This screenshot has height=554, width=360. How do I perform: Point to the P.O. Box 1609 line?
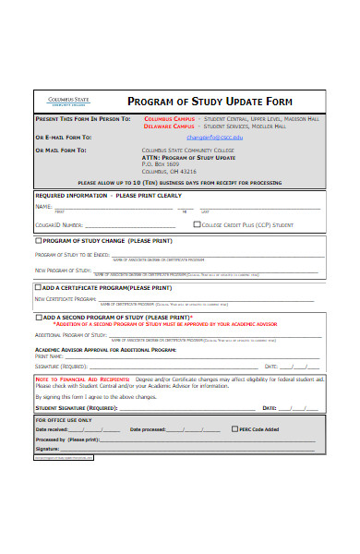160,163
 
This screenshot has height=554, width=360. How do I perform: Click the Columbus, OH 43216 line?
169,171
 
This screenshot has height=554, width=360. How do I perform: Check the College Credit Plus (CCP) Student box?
197,223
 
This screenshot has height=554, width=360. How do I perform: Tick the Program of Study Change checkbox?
38,240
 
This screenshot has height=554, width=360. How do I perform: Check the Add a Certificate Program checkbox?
38,287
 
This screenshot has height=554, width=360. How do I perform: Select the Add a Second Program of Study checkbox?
38,317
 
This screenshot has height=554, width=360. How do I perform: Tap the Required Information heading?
68,197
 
